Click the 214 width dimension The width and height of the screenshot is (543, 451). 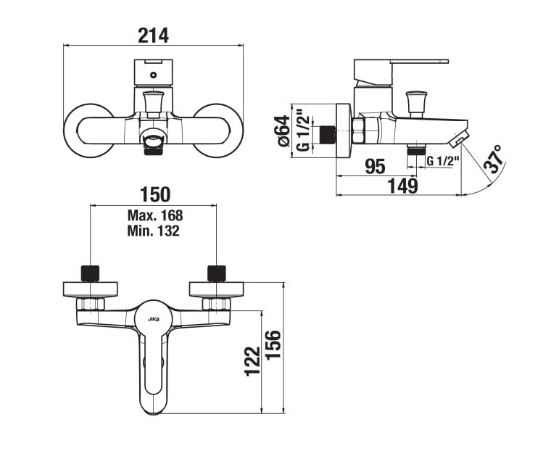pos(153,36)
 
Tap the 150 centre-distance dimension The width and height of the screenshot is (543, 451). pos(155,194)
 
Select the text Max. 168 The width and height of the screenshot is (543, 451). pos(155,215)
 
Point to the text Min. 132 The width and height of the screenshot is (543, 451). pos(154,231)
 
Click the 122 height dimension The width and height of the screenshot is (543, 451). pos(252,361)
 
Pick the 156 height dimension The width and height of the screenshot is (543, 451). pos(273,345)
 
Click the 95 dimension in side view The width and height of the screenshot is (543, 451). pos(375,167)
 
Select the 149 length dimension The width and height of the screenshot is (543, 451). pos(403,186)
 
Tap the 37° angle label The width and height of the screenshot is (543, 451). pos(494,159)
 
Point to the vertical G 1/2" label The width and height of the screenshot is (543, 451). pos(303,131)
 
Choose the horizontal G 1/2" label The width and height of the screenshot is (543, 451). pos(443,161)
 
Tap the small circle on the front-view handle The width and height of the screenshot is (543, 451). pos(154,75)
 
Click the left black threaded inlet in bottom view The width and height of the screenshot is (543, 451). pos(90,273)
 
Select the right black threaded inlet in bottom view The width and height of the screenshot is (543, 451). pos(217,273)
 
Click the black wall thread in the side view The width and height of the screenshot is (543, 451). pos(327,135)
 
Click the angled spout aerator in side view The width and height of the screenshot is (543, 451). pos(459,138)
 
